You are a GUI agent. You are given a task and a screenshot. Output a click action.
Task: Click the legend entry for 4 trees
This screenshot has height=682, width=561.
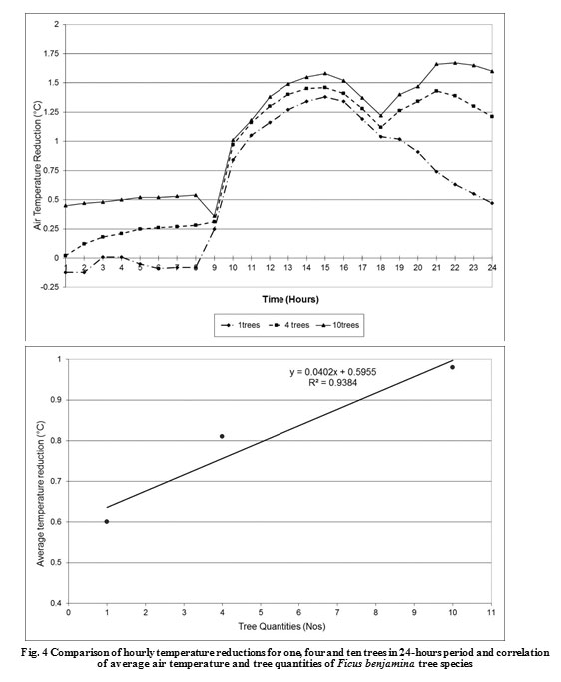click(290, 325)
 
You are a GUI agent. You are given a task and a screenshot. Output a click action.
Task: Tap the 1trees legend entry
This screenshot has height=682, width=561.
click(242, 325)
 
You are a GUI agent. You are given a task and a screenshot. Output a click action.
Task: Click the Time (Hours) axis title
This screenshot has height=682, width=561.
click(290, 299)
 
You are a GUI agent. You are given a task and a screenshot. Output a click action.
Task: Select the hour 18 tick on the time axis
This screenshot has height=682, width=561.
click(381, 267)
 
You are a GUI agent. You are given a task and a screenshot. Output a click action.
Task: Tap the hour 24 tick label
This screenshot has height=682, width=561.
click(492, 267)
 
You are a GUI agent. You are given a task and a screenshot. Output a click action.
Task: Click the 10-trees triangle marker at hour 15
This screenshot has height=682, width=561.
click(325, 73)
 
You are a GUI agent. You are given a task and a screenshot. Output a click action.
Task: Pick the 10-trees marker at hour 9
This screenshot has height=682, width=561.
click(214, 216)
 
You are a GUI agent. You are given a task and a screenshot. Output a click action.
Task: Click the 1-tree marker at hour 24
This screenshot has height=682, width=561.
click(492, 203)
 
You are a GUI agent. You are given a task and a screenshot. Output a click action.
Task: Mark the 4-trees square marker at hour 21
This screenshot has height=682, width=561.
click(436, 91)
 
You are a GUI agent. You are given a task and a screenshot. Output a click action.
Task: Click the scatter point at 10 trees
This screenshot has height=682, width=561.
click(453, 367)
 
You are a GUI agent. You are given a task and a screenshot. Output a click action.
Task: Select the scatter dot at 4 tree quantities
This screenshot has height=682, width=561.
click(222, 436)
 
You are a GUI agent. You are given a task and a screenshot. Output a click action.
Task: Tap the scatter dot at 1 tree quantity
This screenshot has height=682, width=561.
click(107, 521)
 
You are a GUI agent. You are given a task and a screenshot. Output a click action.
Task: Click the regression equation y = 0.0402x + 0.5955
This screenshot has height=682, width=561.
click(333, 372)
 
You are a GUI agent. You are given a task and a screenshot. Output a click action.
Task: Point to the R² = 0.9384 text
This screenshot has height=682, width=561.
click(332, 382)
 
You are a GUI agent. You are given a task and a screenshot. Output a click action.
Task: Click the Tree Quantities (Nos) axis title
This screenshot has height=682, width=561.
click(281, 627)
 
